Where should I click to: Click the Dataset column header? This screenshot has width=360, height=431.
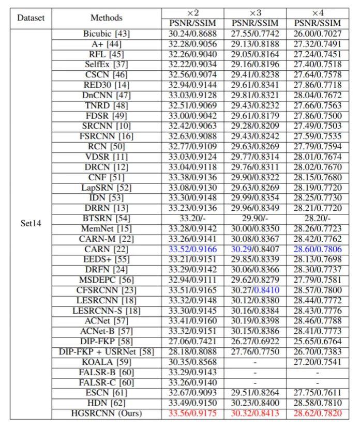[31, 18]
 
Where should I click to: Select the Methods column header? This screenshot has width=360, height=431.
[107, 18]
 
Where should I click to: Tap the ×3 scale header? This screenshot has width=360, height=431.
[256, 12]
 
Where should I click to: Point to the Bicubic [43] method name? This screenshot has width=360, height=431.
[107, 34]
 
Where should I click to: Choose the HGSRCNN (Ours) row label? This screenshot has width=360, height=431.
[107, 413]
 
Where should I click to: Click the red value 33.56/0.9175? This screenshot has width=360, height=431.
[193, 413]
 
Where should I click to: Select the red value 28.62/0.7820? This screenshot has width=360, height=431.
[318, 413]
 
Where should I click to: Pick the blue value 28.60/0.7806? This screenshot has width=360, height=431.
[318, 249]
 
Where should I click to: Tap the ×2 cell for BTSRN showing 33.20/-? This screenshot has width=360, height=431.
[193, 219]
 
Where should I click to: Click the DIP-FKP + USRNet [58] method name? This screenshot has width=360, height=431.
[107, 352]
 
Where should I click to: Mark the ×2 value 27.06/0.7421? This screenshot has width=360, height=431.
[193, 342]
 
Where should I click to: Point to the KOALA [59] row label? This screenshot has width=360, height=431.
[107, 362]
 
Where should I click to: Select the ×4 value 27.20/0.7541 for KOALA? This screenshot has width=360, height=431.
[318, 362]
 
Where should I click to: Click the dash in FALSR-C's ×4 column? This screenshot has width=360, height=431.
[318, 382]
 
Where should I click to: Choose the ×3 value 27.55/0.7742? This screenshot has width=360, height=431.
[256, 34]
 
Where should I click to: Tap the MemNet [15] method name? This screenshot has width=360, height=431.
[107, 228]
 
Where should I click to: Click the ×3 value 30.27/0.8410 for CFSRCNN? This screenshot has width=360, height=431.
[256, 290]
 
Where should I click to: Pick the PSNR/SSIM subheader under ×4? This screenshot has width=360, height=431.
[318, 23]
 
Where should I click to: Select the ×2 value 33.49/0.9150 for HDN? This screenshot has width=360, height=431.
[193, 403]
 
